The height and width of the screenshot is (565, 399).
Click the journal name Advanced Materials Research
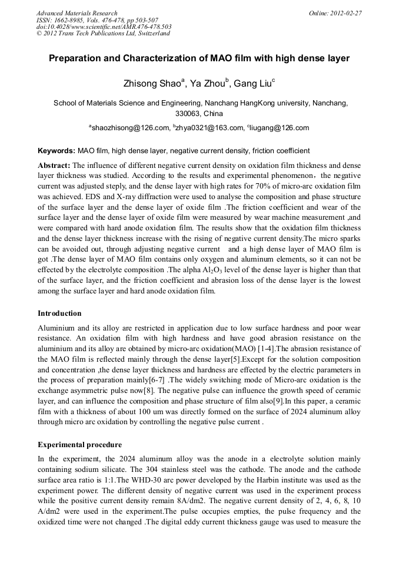click(x=77, y=13)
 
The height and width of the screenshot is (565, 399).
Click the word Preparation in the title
click(x=75, y=58)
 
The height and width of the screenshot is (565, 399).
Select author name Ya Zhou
click(x=210, y=84)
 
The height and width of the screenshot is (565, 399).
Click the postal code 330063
click(x=188, y=113)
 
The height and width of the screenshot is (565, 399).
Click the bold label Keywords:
click(x=56, y=151)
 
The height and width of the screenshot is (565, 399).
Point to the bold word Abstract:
click(x=54, y=166)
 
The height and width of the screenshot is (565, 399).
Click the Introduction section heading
click(x=59, y=313)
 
